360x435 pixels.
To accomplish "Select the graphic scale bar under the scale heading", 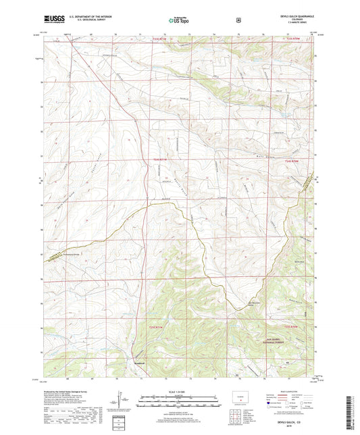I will [178, 403].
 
